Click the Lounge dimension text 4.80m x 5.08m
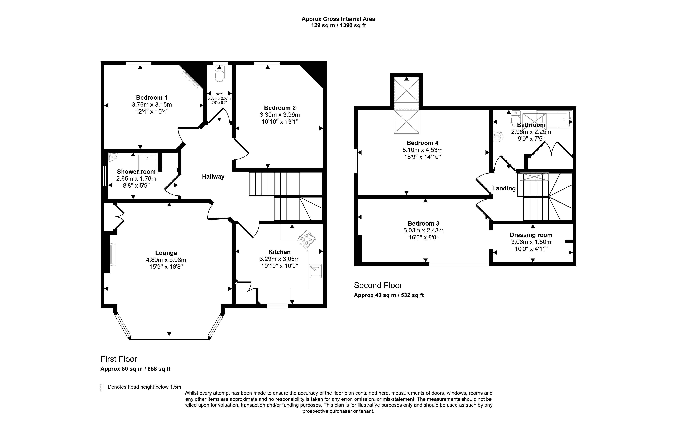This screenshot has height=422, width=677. [x=166, y=260]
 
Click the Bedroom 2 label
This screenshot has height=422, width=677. [x=280, y=108]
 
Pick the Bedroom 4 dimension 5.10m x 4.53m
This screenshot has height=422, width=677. [x=422, y=150]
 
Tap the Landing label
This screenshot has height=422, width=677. [x=504, y=188]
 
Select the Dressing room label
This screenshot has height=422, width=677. [x=531, y=235]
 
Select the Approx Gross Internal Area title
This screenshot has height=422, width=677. [x=338, y=19]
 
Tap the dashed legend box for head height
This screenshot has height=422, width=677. [x=102, y=388]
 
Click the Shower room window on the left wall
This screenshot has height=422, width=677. [x=105, y=176]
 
